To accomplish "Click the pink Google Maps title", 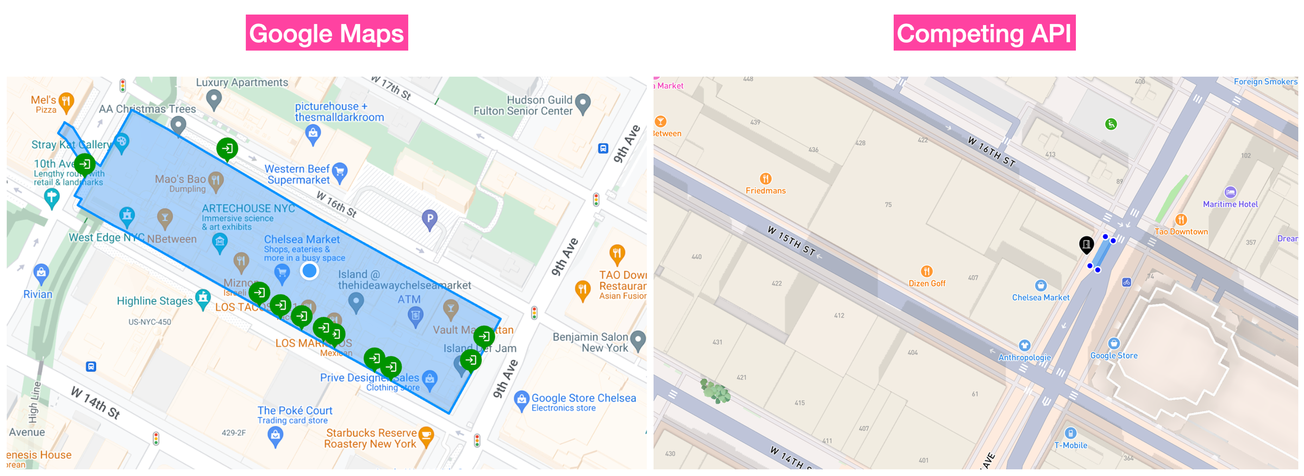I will point(327,33).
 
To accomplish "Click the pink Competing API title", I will point(984,33).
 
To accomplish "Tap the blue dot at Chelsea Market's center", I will point(310,271).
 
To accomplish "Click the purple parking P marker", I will point(430,219).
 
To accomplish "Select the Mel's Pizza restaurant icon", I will point(66,101).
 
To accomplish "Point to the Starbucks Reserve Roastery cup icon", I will point(426,434).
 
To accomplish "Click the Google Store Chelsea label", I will point(583,398).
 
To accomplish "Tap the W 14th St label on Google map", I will point(96,403).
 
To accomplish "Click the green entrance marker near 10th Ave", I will point(85,164).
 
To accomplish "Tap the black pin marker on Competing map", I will point(1086,245).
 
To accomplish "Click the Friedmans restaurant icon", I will point(766,178).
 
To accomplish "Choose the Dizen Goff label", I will point(927,283).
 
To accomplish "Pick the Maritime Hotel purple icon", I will point(1230,192).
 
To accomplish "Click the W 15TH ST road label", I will point(791,241).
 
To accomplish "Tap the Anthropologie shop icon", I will point(1024,346).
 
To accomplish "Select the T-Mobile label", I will point(1070,445).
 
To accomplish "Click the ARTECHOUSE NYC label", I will point(248,209).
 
